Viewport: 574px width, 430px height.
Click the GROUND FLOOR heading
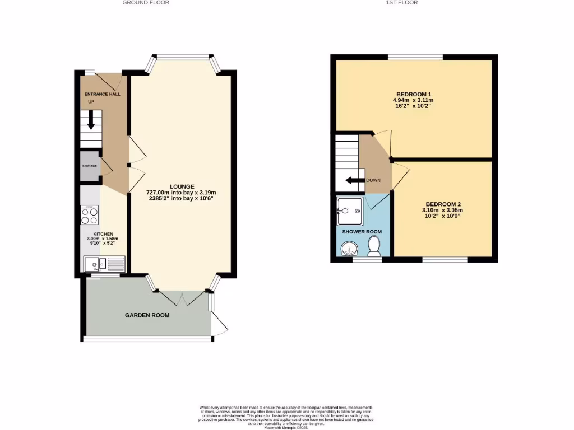coord(146,2)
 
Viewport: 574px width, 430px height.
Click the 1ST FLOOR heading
coord(401,2)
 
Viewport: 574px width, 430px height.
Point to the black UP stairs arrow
coord(91,124)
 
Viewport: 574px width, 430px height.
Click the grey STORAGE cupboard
coord(90,166)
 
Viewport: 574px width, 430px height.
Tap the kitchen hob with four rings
coord(90,214)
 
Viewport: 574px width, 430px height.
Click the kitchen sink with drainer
coord(105,264)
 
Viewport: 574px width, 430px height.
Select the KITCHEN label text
coord(103,234)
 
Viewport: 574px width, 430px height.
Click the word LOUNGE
coord(182,186)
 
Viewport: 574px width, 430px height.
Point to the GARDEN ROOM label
coord(147,315)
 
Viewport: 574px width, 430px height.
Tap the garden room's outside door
coord(219,322)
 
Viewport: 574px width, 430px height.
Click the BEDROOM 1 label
coord(414,94)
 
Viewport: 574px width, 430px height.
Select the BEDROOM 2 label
coord(443,204)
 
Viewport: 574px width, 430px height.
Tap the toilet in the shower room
coord(374,245)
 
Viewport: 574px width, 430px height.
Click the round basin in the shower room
coord(348,248)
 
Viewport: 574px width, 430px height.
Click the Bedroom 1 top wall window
coord(415,57)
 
